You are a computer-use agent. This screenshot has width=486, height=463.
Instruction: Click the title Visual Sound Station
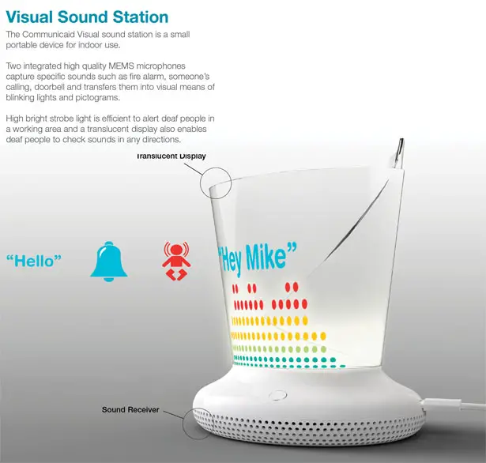[87, 17]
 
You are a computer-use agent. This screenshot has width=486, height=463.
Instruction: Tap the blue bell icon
[109, 262]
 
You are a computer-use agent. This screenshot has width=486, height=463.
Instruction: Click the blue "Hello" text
[34, 261]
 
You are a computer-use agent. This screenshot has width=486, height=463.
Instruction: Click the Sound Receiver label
[130, 410]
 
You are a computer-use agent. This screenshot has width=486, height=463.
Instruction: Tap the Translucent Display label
[171, 156]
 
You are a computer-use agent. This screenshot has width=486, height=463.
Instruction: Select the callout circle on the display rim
[216, 168]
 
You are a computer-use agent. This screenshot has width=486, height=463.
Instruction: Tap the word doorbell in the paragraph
[48, 87]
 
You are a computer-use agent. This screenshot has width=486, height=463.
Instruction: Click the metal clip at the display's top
[399, 153]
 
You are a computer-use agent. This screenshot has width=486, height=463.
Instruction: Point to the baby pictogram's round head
[176, 250]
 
